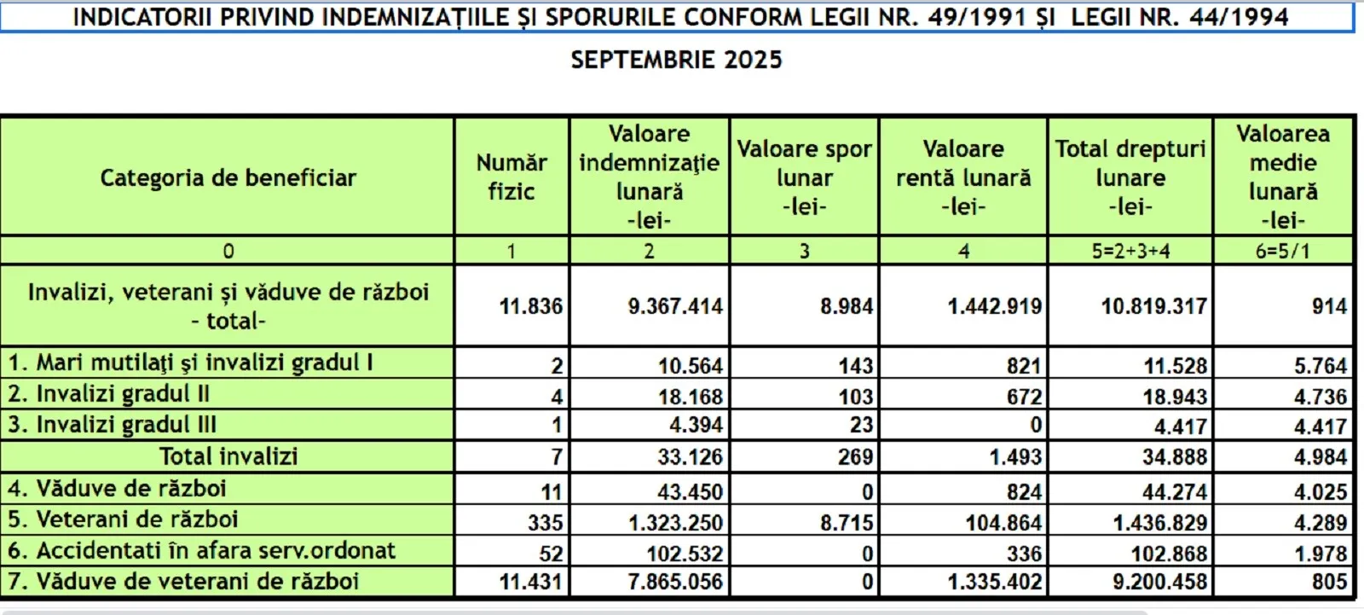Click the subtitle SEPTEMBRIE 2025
click(676, 60)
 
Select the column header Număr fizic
click(511, 177)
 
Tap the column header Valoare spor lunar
click(804, 177)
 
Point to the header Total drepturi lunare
click(1130, 177)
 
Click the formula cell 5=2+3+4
click(1130, 252)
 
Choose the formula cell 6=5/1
click(1282, 252)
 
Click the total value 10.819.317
click(1153, 306)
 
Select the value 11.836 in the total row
click(530, 306)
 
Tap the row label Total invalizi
click(228, 456)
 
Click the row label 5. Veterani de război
click(123, 519)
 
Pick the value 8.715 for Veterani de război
click(847, 522)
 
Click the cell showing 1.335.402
click(995, 582)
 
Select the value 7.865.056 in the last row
click(675, 582)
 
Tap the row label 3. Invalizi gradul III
click(113, 425)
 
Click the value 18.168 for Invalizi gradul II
click(690, 397)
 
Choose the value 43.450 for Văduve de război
click(690, 491)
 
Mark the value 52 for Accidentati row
click(551, 554)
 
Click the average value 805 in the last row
click(1329, 582)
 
